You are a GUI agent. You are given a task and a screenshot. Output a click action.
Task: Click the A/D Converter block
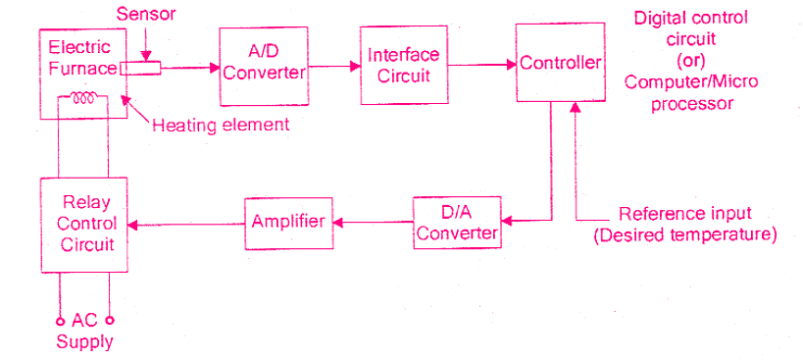pyautogui.click(x=263, y=66)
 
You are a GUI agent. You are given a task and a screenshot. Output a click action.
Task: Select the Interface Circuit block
pyautogui.click(x=405, y=65)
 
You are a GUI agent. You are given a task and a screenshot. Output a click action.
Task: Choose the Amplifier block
pyautogui.click(x=288, y=222)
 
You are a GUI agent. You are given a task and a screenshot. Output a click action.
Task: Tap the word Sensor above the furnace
pyautogui.click(x=144, y=14)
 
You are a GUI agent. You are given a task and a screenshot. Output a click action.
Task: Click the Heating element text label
pyautogui.click(x=221, y=125)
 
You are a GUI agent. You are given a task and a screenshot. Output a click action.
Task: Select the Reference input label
pyautogui.click(x=685, y=214)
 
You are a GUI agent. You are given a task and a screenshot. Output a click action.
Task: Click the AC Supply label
pyautogui.click(x=84, y=332)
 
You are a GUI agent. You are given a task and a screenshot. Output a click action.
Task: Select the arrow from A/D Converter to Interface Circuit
pyautogui.click(x=333, y=66)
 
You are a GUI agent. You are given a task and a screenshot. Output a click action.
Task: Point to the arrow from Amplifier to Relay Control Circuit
pyautogui.click(x=186, y=225)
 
